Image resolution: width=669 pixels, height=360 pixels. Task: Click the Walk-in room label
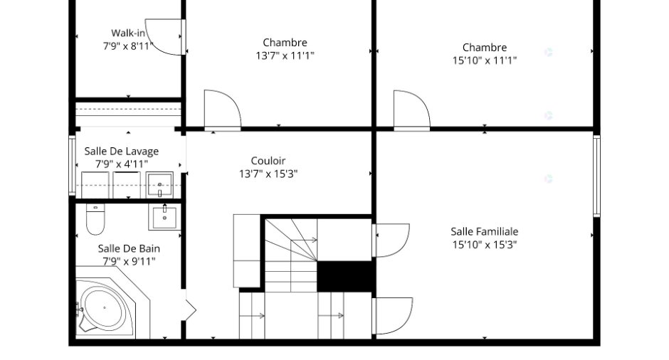pyautogui.click(x=128, y=33)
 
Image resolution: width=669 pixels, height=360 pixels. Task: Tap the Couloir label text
pyautogui.click(x=268, y=161)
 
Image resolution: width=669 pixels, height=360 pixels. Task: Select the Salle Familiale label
pyautogui.click(x=484, y=232)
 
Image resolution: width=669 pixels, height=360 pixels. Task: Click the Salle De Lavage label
pyautogui.click(x=121, y=151)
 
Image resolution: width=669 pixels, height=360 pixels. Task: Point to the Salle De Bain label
pyautogui.click(x=129, y=248)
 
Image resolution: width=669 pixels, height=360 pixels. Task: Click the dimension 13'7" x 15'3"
pyautogui.click(x=268, y=174)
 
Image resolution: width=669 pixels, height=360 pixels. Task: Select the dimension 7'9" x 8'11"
pyautogui.click(x=128, y=46)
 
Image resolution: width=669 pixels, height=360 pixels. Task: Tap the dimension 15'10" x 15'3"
pyautogui.click(x=484, y=245)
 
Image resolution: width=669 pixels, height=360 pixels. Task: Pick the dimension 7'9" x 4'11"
pyautogui.click(x=121, y=164)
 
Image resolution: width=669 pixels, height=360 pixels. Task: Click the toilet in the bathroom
pyautogui.click(x=95, y=219)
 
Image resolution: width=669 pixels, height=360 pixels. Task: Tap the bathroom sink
pyautogui.click(x=164, y=217)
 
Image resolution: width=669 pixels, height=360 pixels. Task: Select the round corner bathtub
pyautogui.click(x=105, y=307)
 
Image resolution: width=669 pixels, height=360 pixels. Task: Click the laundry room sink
pyautogui.click(x=159, y=185)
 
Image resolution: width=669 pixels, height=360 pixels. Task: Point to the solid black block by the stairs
pyautogui.click(x=346, y=276)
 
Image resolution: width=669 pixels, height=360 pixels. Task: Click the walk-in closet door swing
pyautogui.click(x=164, y=37)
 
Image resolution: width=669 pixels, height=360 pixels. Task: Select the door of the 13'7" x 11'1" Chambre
pyautogui.click(x=222, y=109)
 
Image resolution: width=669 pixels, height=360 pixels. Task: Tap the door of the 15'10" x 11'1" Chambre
pyautogui.click(x=411, y=110)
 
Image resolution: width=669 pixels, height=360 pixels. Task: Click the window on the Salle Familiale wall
pyautogui.click(x=596, y=176)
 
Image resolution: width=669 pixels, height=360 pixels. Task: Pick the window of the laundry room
pyautogui.click(x=72, y=166)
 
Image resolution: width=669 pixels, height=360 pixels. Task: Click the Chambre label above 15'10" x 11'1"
pyautogui.click(x=484, y=48)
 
